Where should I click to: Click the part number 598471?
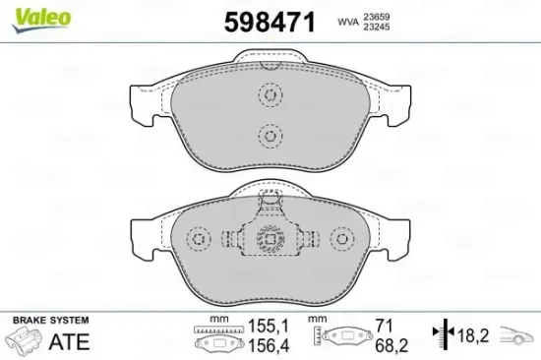click(x=270, y=23)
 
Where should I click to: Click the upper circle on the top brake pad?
click(x=269, y=95)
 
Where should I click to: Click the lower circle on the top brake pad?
click(x=269, y=135)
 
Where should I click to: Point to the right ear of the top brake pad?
click(x=397, y=102)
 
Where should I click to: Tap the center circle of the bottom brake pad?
click(x=269, y=239)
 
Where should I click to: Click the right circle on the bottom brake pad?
click(x=341, y=239)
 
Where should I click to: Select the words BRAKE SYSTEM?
click(x=48, y=321)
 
